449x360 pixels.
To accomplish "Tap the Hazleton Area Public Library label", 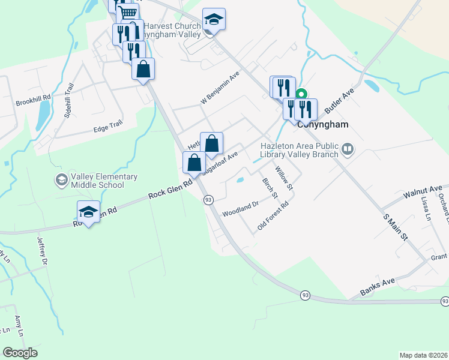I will (298, 149).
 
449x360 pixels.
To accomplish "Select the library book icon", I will (348, 149).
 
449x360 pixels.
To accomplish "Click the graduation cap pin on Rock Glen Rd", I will (89, 212).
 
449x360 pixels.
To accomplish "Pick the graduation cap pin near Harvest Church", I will (214, 20).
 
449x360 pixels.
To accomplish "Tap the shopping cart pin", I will (127, 13).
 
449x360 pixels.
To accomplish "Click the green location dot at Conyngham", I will (303, 94).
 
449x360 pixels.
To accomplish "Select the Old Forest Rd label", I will (273, 216).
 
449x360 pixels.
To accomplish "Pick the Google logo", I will (20, 353).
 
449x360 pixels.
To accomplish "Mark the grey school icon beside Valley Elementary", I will (61, 179).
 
